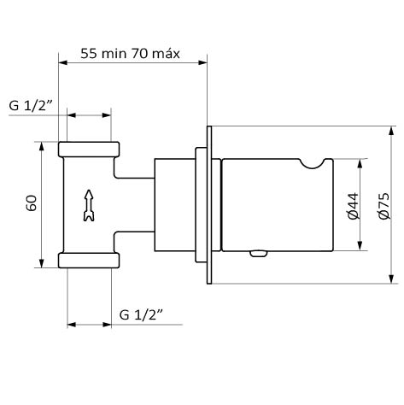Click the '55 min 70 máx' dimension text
click(130, 54)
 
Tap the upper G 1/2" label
click(31, 105)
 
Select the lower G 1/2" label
click(141, 315)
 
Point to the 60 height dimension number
click(32, 203)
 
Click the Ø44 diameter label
click(354, 206)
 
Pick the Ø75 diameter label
click(384, 206)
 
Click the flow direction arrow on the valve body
click(89, 205)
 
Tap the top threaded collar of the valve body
click(89, 150)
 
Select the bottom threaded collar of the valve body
click(89, 261)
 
